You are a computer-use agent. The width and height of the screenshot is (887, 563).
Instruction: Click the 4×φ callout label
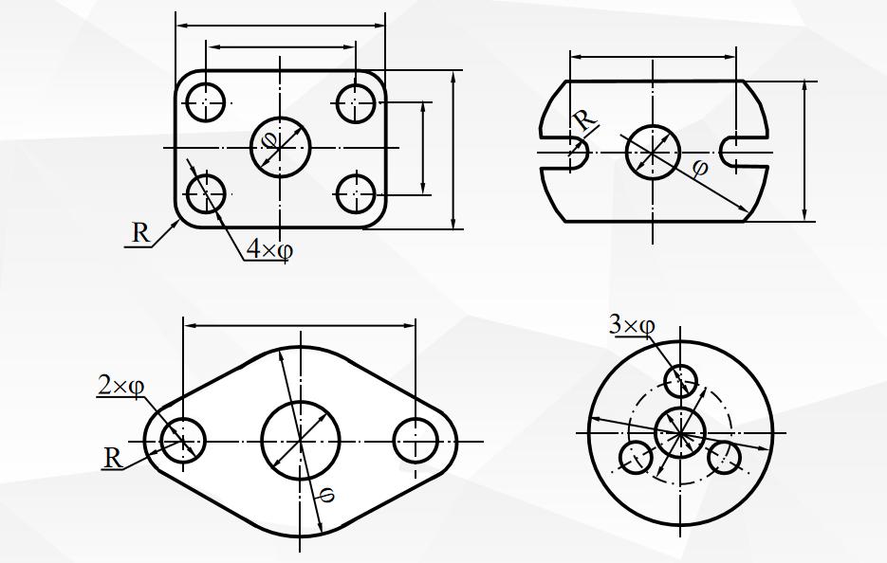pos(269,249)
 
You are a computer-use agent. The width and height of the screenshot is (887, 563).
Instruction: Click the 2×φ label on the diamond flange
pos(120,386)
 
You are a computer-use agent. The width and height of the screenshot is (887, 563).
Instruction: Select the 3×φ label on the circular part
pos(632,326)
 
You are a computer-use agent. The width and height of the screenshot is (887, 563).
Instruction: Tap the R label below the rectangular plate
pos(140,233)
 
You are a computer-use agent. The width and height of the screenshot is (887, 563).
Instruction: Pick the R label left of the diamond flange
pos(113,459)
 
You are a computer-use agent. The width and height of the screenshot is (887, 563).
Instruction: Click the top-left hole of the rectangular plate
pos(205,101)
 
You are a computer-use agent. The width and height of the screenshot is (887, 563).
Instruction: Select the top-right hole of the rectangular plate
pos(357,101)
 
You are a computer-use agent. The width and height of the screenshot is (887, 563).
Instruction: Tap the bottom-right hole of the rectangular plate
pos(357,193)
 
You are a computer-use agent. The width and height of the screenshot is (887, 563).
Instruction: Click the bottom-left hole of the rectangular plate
pos(205,193)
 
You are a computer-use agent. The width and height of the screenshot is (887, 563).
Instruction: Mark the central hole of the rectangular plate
pos(281,148)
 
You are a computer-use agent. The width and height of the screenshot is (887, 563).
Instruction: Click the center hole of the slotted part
pos(653,151)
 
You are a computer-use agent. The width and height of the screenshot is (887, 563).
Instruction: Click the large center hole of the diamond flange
pos(301,442)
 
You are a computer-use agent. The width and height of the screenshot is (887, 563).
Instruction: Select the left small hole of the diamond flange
pos(183,441)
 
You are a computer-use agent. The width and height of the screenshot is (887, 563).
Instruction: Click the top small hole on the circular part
pos(680,381)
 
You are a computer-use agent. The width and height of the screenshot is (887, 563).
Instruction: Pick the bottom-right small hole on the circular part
pos(724,458)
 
